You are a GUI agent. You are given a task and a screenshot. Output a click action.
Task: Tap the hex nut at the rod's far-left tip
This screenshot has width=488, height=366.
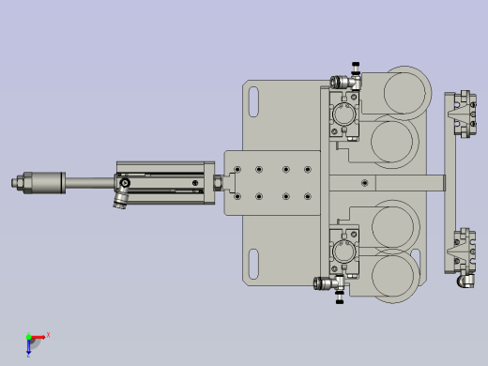(x=16, y=182)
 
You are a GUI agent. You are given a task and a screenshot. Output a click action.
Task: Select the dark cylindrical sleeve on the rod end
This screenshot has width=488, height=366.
(x=45, y=182)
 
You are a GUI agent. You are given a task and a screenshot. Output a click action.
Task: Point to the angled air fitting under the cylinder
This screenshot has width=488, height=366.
(x=120, y=199)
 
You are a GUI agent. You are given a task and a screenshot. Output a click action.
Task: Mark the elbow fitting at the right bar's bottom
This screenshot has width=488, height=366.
(x=466, y=281)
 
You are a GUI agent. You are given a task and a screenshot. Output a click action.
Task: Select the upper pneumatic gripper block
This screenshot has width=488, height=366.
(x=343, y=118)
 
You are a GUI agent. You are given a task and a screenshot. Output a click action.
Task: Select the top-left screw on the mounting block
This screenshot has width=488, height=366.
(x=239, y=170)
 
